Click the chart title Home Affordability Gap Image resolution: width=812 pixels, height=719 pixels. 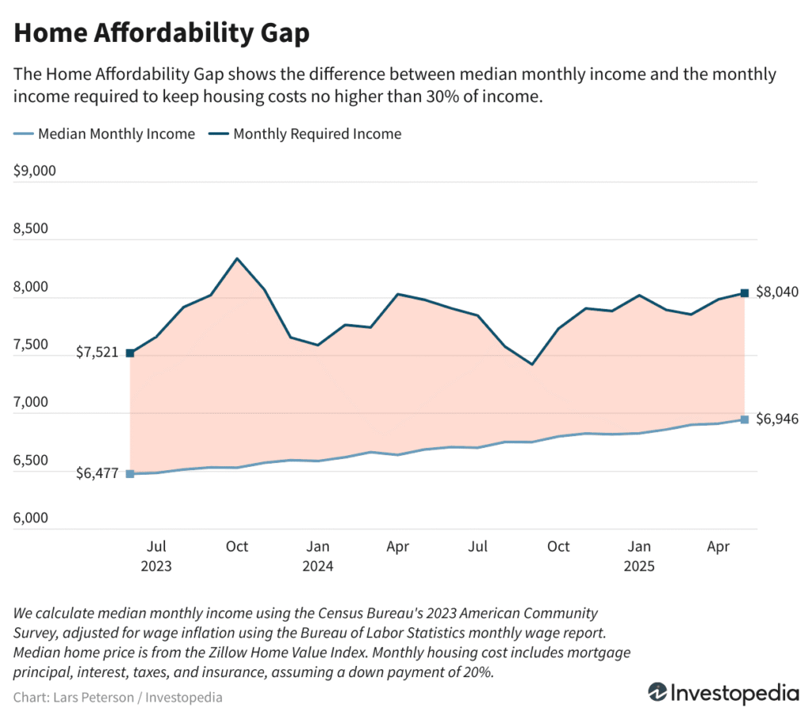pos(162,33)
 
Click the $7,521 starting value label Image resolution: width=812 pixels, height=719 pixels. pos(98,353)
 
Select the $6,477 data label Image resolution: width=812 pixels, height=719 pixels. pos(98,474)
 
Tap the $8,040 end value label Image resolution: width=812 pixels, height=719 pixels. pos(777,292)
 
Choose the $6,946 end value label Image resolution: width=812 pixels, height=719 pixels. pos(777,419)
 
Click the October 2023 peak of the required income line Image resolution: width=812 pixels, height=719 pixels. pos(237,258)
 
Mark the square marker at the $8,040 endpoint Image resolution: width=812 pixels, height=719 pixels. pos(745,293)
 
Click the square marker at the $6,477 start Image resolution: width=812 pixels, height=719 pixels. pos(130,474)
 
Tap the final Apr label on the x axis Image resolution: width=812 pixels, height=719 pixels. pos(718,547)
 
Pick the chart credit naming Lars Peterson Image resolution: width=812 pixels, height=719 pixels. pos(118,698)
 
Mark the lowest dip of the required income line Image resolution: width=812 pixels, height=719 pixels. pos(532,365)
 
